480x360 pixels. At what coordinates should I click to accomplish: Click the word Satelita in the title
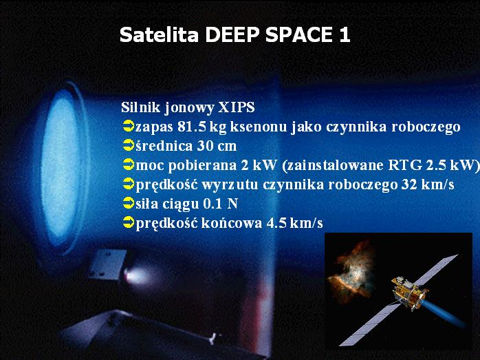coord(159,34)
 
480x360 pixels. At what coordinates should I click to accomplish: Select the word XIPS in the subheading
coord(236,107)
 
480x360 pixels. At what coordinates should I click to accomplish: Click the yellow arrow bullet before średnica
coord(129,145)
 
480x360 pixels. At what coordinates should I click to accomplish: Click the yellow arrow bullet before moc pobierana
coord(129,165)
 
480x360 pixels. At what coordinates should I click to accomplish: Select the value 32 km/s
coord(427,184)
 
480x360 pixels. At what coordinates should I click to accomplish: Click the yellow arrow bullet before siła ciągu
coord(129,203)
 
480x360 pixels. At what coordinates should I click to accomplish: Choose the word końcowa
coord(232,223)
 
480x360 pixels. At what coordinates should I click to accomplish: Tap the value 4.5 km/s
coord(294,223)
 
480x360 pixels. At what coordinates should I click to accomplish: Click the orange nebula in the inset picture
coord(352,273)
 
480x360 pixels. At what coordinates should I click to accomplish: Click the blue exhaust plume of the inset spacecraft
coord(444,313)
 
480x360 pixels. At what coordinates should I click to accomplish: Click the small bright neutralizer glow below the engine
coord(135,276)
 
